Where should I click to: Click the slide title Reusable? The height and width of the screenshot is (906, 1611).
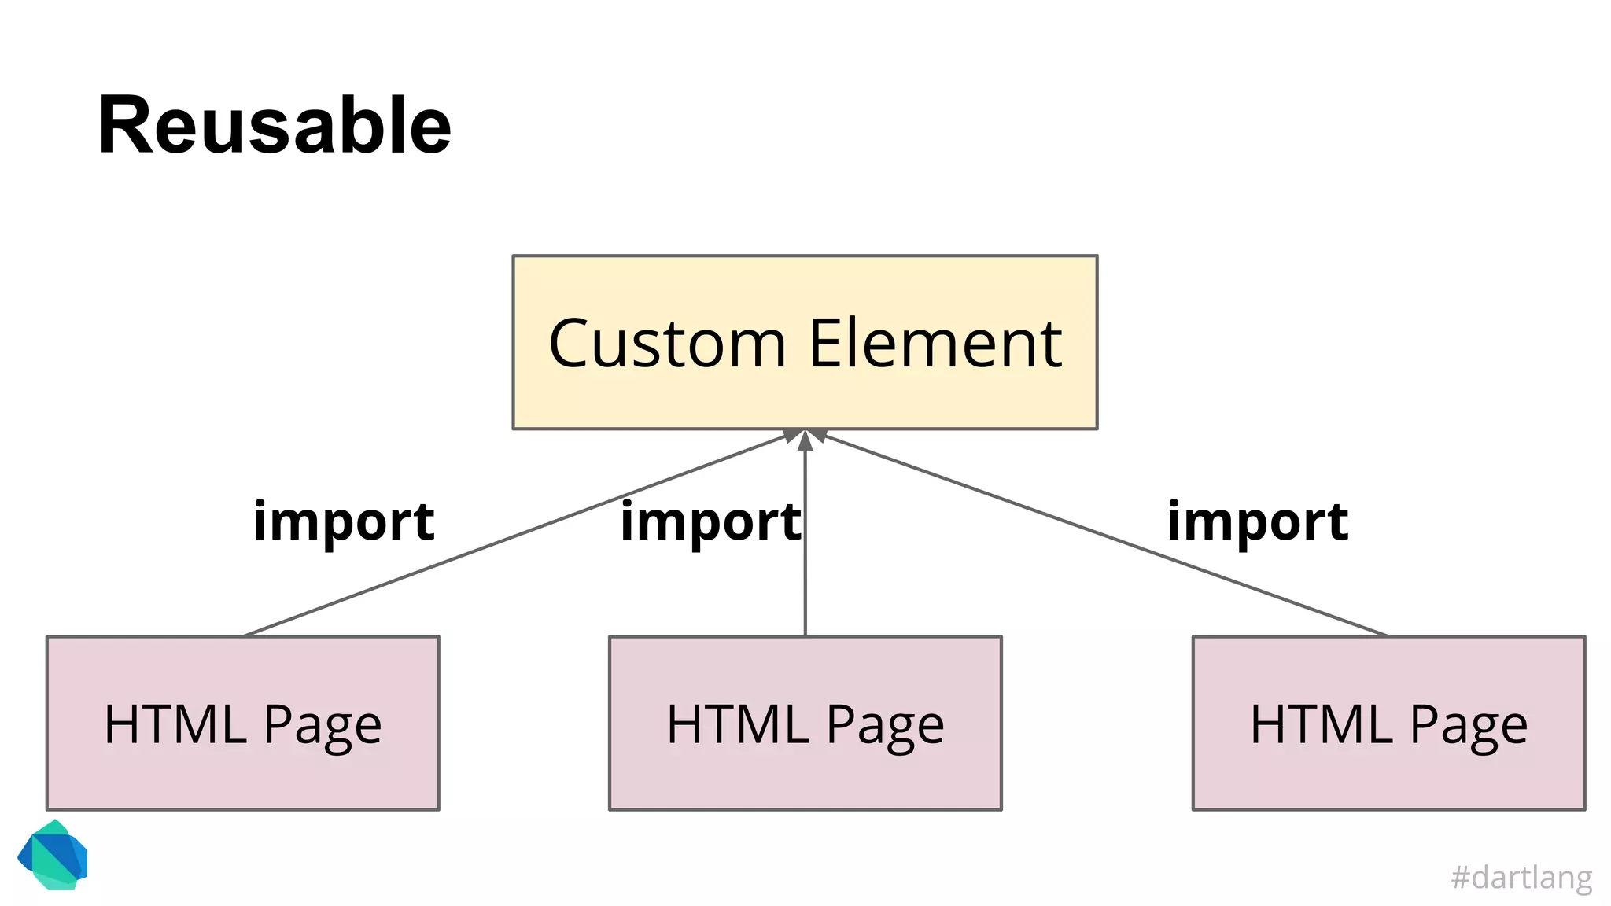click(275, 126)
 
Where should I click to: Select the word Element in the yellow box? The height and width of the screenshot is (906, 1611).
click(935, 344)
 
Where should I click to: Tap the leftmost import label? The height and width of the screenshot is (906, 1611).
click(344, 522)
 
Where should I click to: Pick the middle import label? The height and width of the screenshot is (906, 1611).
click(710, 522)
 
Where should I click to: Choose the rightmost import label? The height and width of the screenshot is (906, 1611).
click(1257, 522)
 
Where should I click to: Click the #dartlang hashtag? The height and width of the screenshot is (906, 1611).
click(1521, 877)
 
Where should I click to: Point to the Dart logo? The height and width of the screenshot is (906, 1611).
click(53, 856)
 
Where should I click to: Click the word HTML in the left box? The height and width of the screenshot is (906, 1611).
click(175, 724)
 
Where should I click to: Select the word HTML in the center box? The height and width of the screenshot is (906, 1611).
click(738, 724)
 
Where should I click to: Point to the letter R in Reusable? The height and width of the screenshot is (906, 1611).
click(126, 126)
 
